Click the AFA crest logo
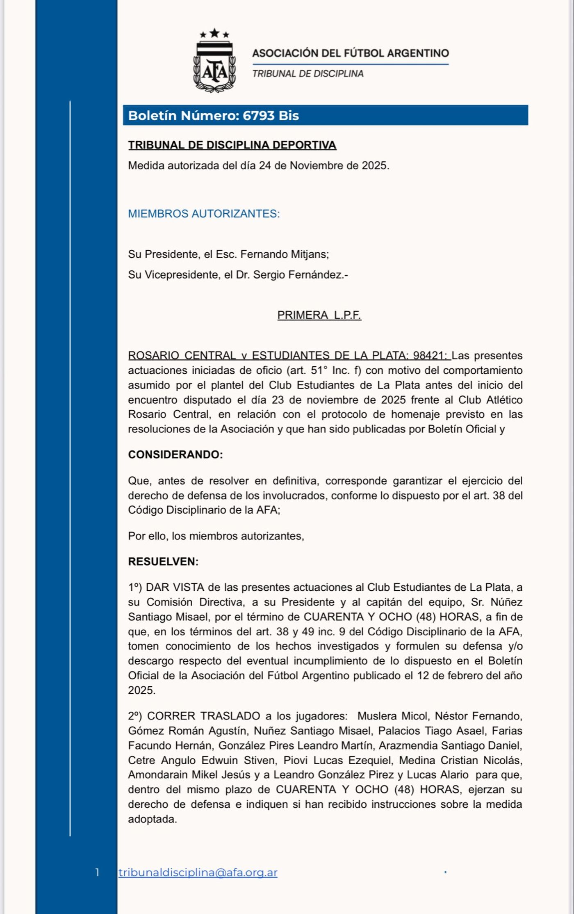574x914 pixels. click(x=214, y=66)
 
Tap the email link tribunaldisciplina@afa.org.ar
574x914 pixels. click(x=198, y=873)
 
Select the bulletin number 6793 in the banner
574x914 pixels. click(x=258, y=116)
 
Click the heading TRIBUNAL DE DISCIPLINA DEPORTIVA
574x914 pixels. click(x=232, y=145)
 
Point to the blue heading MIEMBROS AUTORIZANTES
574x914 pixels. click(x=204, y=214)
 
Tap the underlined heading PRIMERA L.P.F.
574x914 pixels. click(x=319, y=315)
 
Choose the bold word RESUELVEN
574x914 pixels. click(x=163, y=562)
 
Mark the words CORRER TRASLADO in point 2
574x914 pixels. click(x=203, y=716)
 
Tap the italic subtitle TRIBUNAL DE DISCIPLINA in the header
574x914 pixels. click(x=307, y=74)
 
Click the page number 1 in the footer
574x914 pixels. click(x=97, y=873)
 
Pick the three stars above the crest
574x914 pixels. click(x=214, y=34)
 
